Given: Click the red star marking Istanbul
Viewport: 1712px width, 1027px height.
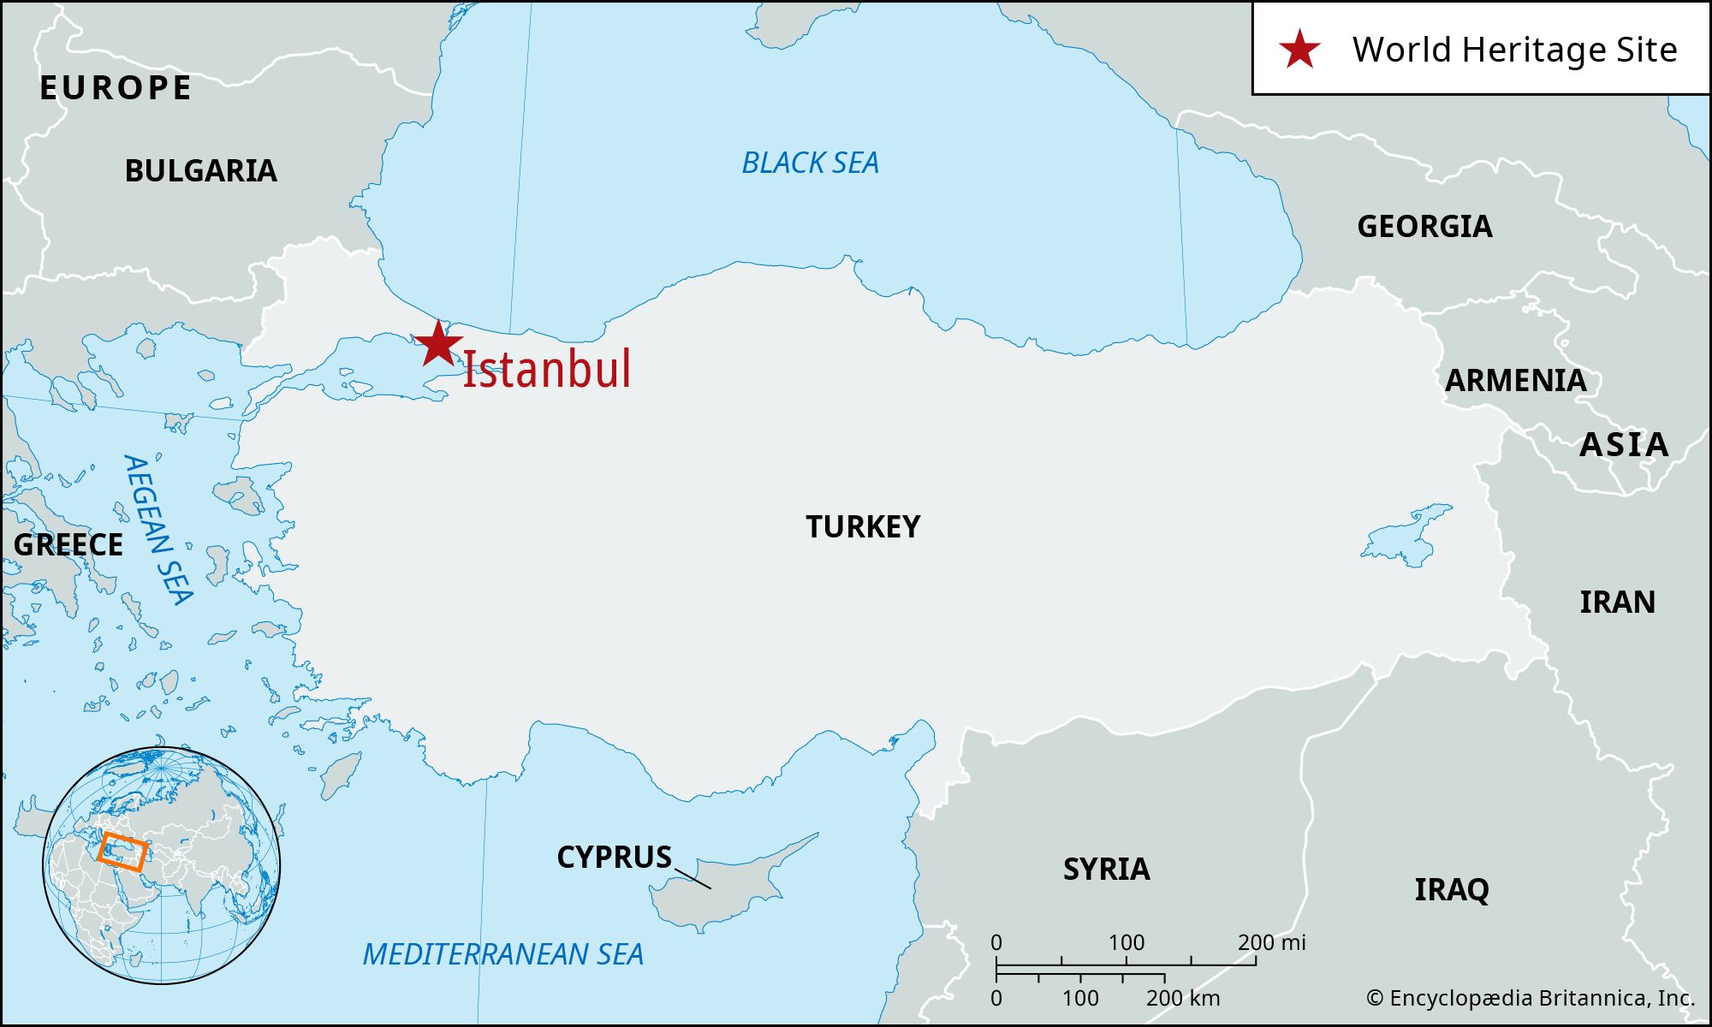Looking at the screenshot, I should point(438,344).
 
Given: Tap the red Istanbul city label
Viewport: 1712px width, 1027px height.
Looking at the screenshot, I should point(546,370).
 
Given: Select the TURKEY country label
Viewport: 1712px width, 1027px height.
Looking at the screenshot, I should point(863,526).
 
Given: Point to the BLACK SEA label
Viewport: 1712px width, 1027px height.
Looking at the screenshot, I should point(810,163).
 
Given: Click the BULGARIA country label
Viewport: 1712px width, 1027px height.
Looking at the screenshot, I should point(201,171).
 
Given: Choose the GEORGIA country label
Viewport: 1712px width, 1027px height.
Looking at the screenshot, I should point(1424,227).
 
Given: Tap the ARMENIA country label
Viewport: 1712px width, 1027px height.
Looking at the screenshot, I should point(1515,381).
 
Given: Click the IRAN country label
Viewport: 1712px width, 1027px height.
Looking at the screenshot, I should point(1617,603).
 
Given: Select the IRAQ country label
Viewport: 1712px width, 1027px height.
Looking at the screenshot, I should point(1451,890).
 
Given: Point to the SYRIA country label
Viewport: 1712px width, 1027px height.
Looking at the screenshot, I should point(1106,870).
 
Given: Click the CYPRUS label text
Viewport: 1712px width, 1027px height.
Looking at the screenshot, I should point(614,858).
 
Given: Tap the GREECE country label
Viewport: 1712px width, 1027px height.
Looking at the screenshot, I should point(68,545).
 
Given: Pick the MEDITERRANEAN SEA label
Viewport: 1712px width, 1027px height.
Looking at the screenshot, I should point(502,954).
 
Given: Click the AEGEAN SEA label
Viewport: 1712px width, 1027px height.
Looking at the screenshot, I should point(158,530).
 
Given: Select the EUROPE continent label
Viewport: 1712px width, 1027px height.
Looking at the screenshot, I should point(116,88).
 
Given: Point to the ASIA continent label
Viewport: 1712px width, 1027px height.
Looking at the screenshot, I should point(1623,445).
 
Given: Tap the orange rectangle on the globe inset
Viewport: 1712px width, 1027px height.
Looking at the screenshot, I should point(122,851).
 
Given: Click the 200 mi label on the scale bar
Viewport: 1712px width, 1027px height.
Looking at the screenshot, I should point(1271,942).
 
